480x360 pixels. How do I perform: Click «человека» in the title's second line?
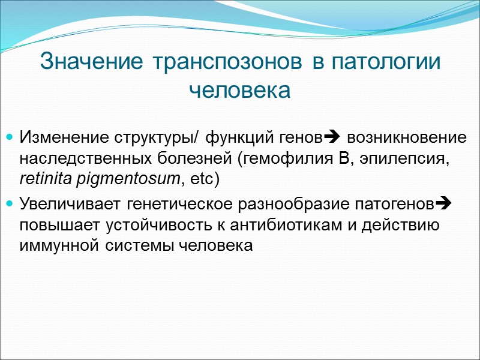click(x=239, y=91)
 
